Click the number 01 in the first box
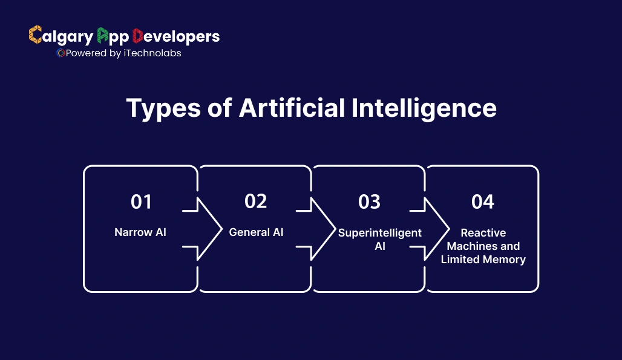[x=141, y=201]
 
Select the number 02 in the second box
[x=255, y=201]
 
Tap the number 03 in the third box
[x=369, y=201]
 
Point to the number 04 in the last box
[x=483, y=201]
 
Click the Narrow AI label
[x=140, y=232]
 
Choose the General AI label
[x=256, y=232]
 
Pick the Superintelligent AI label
[x=380, y=240]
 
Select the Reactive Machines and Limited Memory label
[x=483, y=246]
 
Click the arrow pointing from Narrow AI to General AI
[x=206, y=229]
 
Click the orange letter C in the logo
[x=35, y=36]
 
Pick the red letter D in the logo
[x=138, y=36]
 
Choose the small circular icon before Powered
[x=61, y=53]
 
